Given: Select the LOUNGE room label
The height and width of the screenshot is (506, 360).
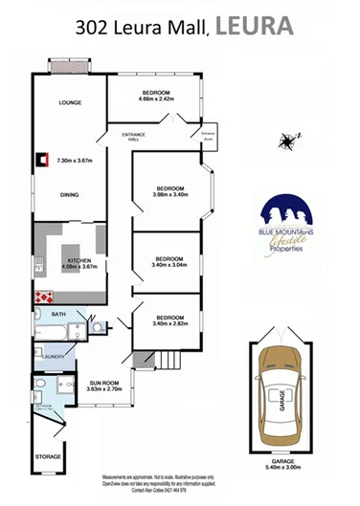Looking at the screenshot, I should [x=69, y=102].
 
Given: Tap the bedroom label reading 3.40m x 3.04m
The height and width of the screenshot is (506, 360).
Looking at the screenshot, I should [x=169, y=261].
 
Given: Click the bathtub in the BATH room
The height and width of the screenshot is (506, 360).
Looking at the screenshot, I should [x=54, y=332].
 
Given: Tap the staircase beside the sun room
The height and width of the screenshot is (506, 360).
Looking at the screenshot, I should [x=168, y=362].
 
